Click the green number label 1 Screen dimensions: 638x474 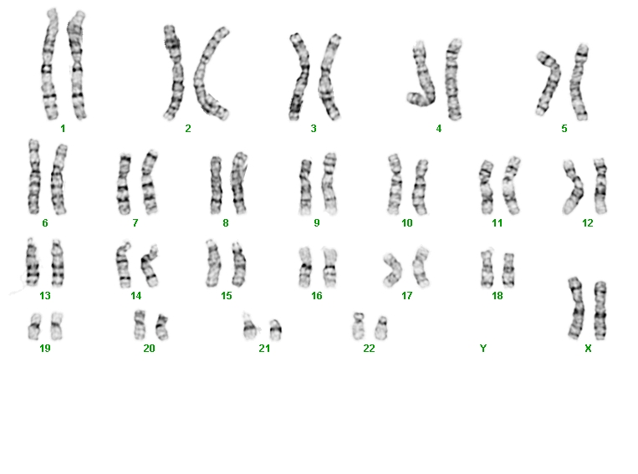[63, 129]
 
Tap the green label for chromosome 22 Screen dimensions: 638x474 [369, 349]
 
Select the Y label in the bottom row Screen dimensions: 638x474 [483, 349]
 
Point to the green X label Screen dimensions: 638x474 [588, 349]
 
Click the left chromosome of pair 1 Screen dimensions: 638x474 [49, 65]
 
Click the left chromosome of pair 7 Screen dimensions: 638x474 [123, 184]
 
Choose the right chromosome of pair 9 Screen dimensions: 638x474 [329, 183]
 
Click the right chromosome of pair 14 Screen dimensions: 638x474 [150, 266]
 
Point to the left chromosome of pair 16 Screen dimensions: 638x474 [304, 267]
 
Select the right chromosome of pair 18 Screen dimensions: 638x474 [508, 270]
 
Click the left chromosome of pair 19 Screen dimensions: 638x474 [34, 326]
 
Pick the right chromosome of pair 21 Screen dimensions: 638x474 [275, 330]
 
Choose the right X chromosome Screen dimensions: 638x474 [600, 310]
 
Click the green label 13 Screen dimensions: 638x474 [45, 296]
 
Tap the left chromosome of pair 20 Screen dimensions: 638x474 [140, 324]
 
